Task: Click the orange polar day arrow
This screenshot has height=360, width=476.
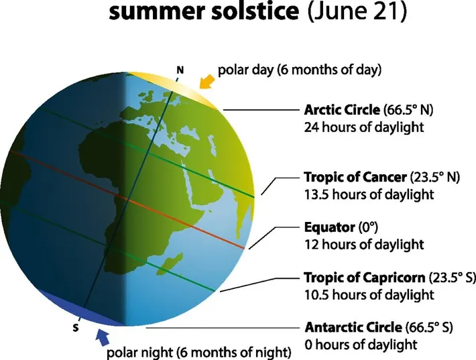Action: [x=208, y=82]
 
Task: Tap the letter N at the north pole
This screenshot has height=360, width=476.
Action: [x=179, y=69]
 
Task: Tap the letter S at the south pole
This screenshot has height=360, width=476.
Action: [x=75, y=328]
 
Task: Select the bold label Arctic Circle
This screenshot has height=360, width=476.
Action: [x=343, y=110]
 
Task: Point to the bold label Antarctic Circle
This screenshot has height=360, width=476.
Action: [x=353, y=328]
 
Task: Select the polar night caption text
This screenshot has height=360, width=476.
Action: [x=198, y=351]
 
